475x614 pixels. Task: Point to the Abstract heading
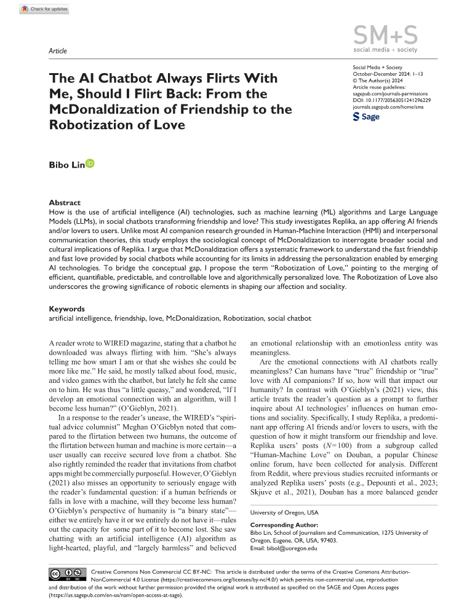[x=66, y=202]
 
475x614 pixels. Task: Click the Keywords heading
[x=68, y=309]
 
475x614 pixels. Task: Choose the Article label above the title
[x=58, y=51]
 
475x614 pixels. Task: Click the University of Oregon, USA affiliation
[x=280, y=512]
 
